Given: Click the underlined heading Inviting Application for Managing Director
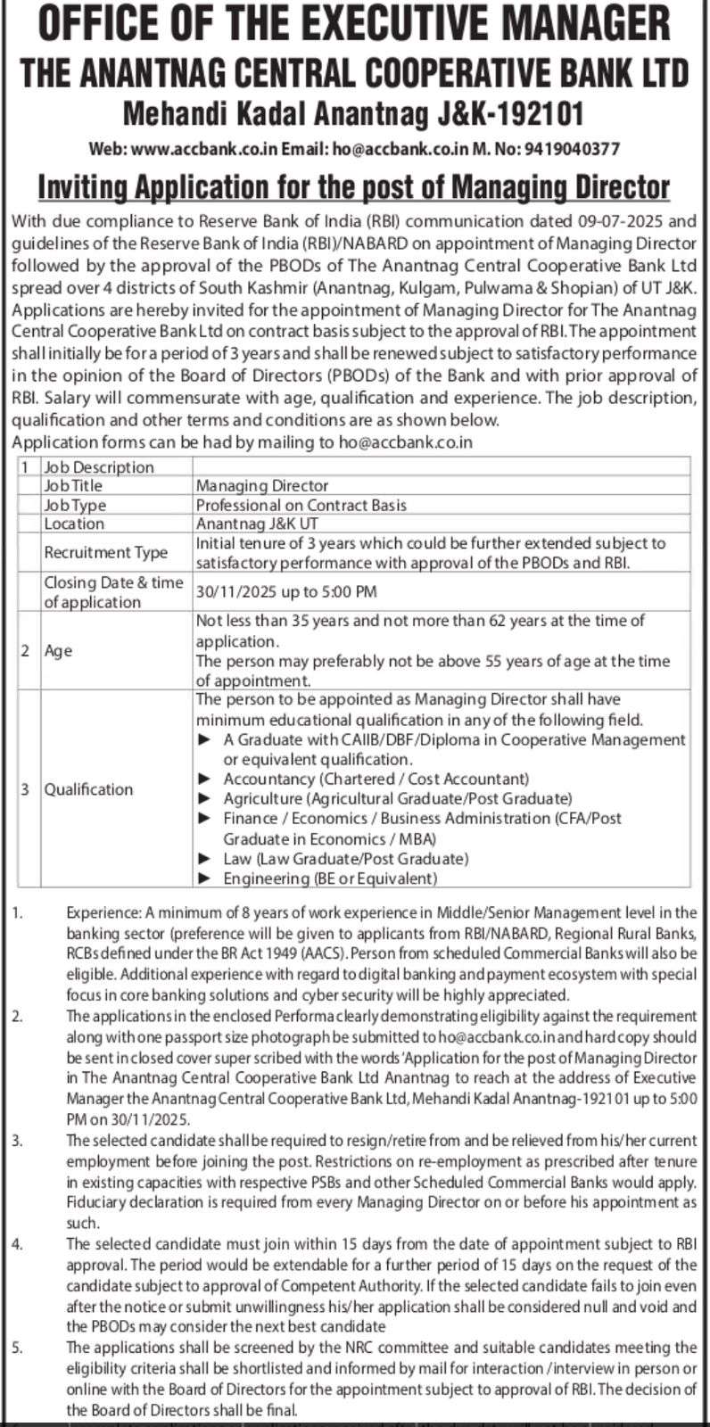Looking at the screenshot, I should click(353, 187).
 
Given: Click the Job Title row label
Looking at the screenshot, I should click(73, 486).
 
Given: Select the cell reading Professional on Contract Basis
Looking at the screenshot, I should click(301, 505).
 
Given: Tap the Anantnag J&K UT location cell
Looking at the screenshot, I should click(257, 524).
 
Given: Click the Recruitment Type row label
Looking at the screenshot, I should click(106, 552).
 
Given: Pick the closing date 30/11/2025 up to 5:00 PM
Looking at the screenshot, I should click(286, 591).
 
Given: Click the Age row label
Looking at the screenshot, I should click(58, 651).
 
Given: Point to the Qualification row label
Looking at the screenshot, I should click(88, 789).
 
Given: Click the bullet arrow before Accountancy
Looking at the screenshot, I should click(205, 779).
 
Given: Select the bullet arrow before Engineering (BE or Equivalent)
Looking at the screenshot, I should click(205, 878).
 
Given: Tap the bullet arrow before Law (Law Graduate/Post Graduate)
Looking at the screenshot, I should click(205, 859).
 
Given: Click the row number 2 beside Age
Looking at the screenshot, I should click(25, 651).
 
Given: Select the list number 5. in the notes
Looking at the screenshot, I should click(18, 1348).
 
